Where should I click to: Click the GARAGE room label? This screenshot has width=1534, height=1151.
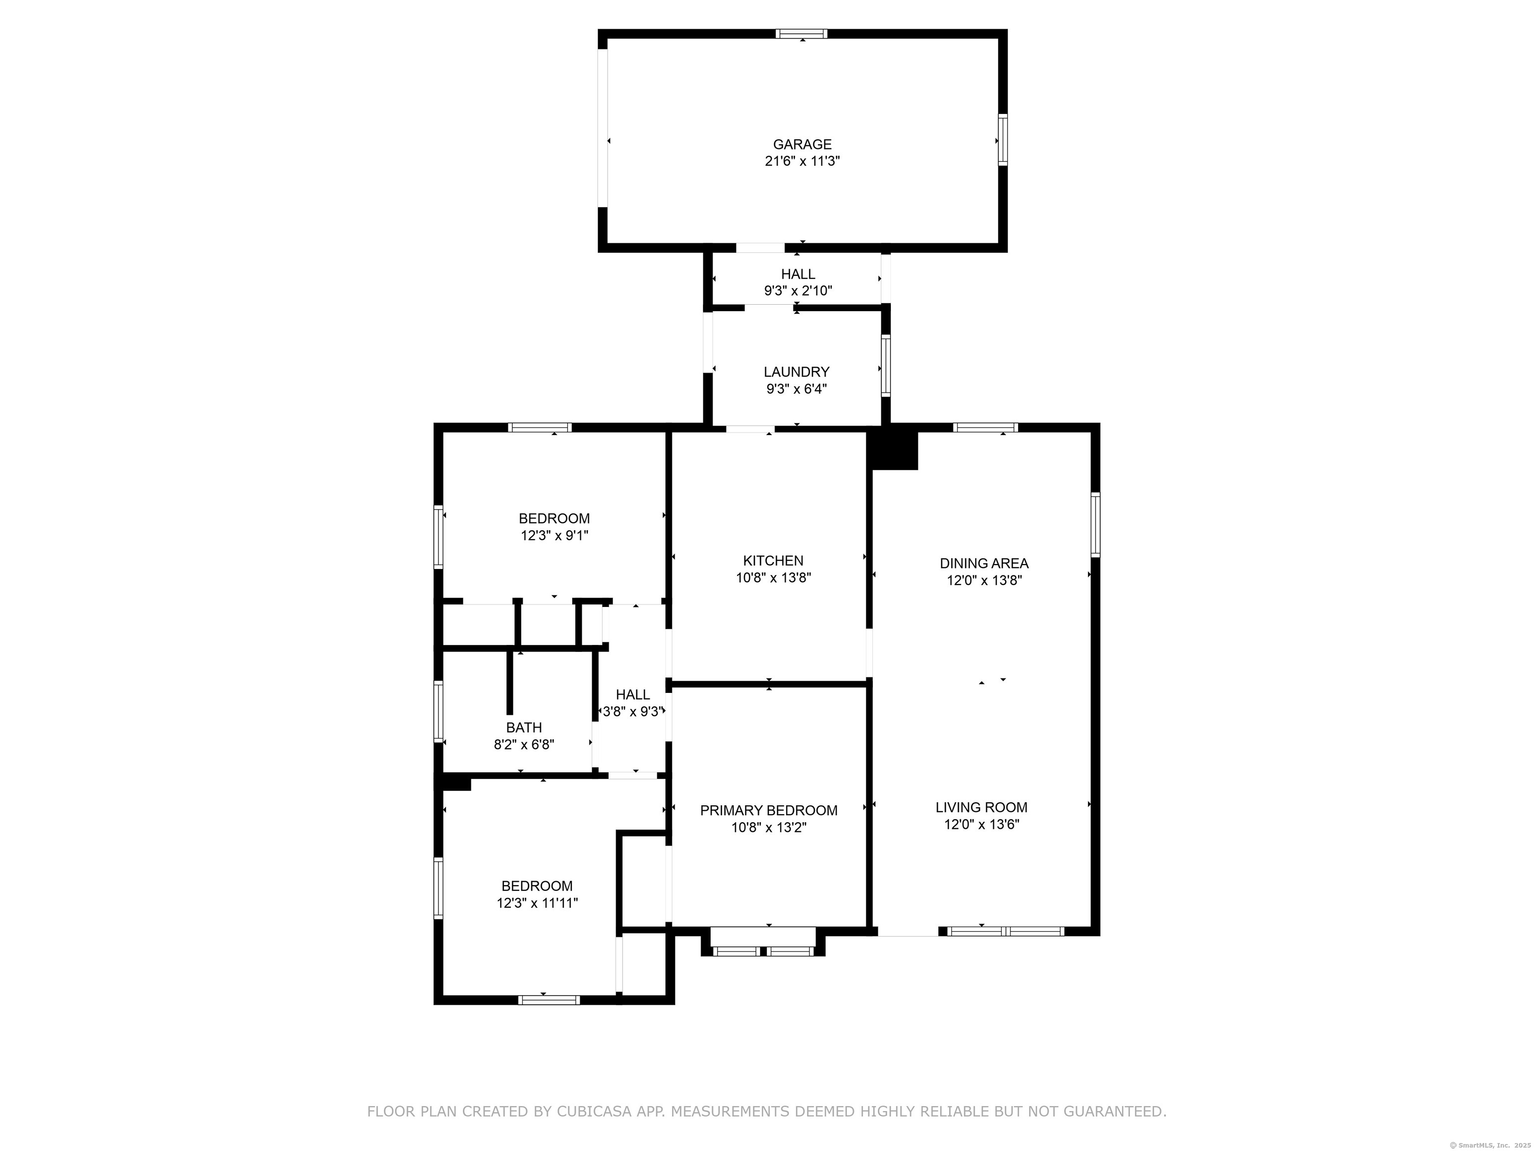pos(802,144)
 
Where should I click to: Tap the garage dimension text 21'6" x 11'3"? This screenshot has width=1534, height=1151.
pos(802,161)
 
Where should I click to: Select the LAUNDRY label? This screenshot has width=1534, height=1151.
pos(796,372)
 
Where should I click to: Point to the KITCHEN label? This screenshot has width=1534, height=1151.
pos(773,561)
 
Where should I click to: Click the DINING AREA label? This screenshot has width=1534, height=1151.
pos(984,564)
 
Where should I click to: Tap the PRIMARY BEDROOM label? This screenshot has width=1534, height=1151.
pos(768,810)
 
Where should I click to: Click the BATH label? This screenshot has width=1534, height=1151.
pos(524,728)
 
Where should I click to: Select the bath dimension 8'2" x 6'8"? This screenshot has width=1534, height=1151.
pos(524,744)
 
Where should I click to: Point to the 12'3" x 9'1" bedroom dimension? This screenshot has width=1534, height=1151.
pos(554,535)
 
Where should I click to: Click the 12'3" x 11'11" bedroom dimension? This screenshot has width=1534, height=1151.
pos(537,903)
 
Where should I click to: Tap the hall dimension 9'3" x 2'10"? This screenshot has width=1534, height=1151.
pos(798,291)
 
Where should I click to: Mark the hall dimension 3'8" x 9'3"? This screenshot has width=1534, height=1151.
pos(633,711)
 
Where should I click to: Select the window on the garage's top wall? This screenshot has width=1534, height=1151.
pos(801,33)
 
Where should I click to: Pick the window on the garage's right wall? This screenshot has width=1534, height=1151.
pos(1002,139)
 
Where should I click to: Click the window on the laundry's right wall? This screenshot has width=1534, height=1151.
pos(885,366)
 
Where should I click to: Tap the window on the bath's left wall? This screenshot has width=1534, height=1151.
pos(438,712)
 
